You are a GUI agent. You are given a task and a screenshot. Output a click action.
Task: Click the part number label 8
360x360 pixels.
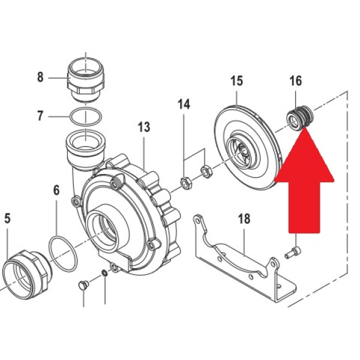pyautogui.click(x=40, y=77)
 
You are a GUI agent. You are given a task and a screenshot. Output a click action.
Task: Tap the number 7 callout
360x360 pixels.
pyautogui.click(x=40, y=116)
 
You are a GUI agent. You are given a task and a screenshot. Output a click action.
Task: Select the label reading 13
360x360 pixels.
pyautogui.click(x=144, y=127)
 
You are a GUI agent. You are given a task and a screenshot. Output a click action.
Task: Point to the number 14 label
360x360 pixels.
pyautogui.click(x=184, y=104)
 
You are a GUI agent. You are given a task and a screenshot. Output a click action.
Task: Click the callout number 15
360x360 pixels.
pyautogui.click(x=237, y=81)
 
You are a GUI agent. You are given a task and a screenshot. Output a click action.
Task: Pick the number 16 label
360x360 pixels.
pyautogui.click(x=295, y=81)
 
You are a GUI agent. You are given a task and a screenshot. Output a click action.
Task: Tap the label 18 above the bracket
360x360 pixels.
pyautogui.click(x=244, y=219)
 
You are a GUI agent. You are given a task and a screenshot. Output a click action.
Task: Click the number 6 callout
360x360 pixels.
pyautogui.click(x=56, y=191)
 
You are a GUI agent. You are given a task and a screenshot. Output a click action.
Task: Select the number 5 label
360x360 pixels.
pyautogui.click(x=7, y=218)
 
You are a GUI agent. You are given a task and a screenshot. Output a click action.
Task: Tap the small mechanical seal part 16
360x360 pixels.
pyautogui.click(x=300, y=118)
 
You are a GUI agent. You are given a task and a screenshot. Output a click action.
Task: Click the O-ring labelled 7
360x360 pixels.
pyautogui.click(x=85, y=116)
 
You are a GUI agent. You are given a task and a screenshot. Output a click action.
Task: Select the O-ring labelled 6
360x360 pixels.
pyautogui.click(x=62, y=254)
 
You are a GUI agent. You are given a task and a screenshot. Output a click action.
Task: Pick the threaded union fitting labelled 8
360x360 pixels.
pyautogui.click(x=86, y=80)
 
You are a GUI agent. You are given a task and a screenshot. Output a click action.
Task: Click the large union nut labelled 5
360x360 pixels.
pyautogui.click(x=28, y=274)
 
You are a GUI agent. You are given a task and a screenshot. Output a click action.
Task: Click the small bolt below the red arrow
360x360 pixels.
pyautogui.click(x=293, y=253)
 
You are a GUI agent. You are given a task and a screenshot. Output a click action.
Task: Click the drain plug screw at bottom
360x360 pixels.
pyautogui.click(x=83, y=286)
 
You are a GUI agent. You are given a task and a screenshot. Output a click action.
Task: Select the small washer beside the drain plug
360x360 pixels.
pyautogui.click(x=104, y=274)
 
